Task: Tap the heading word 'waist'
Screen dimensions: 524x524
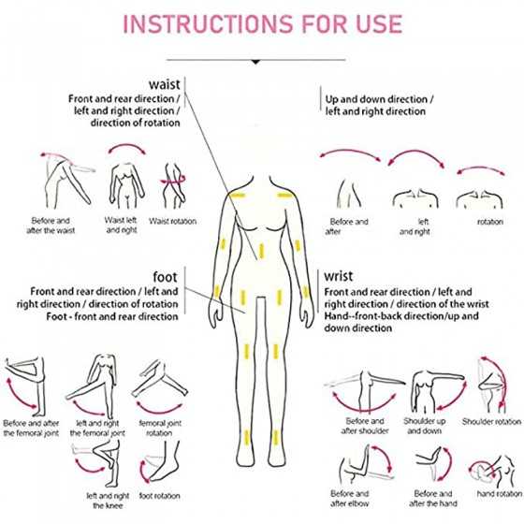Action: [165, 84]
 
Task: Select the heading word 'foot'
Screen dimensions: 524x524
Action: [165, 277]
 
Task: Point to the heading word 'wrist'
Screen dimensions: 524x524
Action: [338, 276]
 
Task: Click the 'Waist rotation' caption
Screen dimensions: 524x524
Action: [172, 221]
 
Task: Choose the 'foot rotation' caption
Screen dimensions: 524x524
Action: [159, 496]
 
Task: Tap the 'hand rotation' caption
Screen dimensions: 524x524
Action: [500, 494]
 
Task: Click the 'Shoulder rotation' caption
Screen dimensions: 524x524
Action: [491, 422]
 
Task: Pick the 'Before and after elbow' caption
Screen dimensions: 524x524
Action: [350, 498]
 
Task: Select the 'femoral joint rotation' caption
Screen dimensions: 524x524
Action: [160, 429]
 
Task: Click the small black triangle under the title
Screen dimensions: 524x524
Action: [255, 62]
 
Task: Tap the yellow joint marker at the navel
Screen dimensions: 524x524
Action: [261, 251]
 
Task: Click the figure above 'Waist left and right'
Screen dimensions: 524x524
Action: [126, 185]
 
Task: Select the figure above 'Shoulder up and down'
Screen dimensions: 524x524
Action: [435, 391]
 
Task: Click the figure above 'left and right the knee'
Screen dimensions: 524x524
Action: [100, 463]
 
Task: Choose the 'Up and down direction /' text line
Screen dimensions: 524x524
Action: [379, 99]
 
